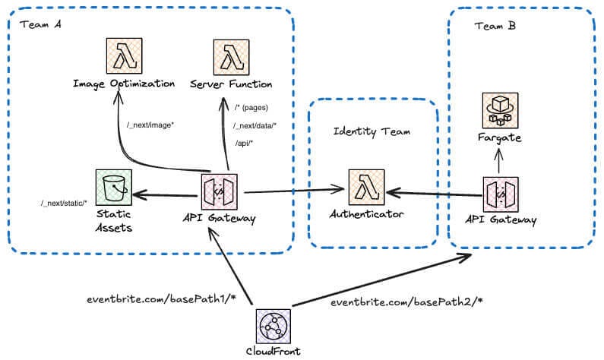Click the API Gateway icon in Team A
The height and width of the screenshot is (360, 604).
tap(219, 193)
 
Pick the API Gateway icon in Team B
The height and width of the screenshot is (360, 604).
tap(500, 193)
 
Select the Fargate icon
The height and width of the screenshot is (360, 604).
tap(500, 110)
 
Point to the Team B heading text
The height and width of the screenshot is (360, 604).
tap(495, 27)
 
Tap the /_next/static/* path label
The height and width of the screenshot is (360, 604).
tap(64, 203)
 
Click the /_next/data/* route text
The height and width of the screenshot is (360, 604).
tap(255, 125)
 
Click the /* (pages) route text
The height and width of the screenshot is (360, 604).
tap(251, 108)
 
